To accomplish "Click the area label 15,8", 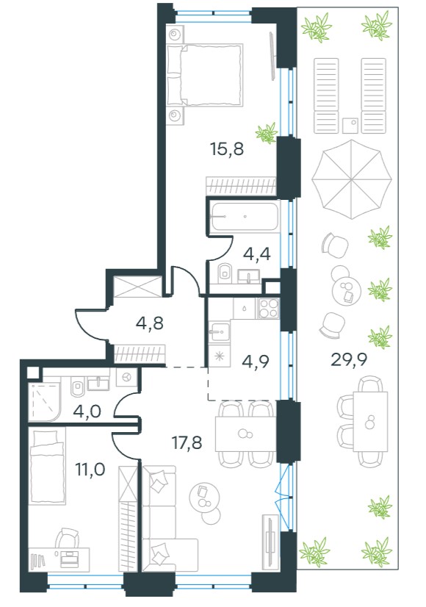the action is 227,148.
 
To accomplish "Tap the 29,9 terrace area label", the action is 349,360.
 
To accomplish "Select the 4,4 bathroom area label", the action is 256,254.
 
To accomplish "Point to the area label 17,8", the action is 187,442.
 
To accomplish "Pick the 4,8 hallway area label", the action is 150,323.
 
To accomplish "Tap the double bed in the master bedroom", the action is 205,75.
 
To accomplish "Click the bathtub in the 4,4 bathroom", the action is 245,216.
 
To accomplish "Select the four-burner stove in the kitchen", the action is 268,308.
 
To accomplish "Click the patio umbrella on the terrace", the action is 351,179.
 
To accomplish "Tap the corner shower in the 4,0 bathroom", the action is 45,402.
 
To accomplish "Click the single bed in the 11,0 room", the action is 48,467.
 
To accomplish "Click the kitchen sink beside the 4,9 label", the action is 220,332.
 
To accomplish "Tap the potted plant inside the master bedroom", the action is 267,133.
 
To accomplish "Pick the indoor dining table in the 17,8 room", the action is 245,434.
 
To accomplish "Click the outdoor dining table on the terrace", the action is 370,421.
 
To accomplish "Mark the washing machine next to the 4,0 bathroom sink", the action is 126,377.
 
